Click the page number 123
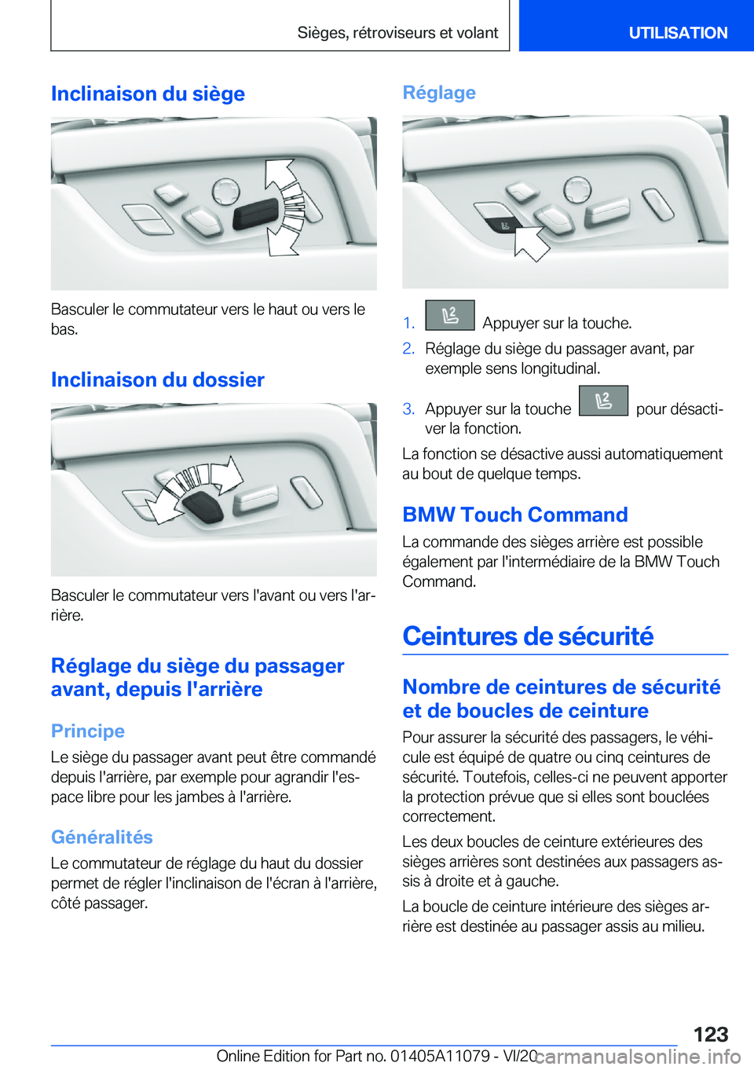coord(710,1034)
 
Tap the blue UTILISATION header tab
coord(678,33)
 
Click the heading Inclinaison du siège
coord(148,93)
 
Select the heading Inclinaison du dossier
coord(157,379)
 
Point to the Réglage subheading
coord(439,93)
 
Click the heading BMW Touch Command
coord(514,515)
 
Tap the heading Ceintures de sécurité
coord(528,636)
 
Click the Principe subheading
coord(88,731)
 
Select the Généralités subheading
coord(102,837)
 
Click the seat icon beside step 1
coord(449,315)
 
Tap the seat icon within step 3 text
coord(603,401)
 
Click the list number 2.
coord(408,348)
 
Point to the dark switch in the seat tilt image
coord(256,213)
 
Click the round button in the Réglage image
coord(576,189)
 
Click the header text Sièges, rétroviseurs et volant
coord(397,33)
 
